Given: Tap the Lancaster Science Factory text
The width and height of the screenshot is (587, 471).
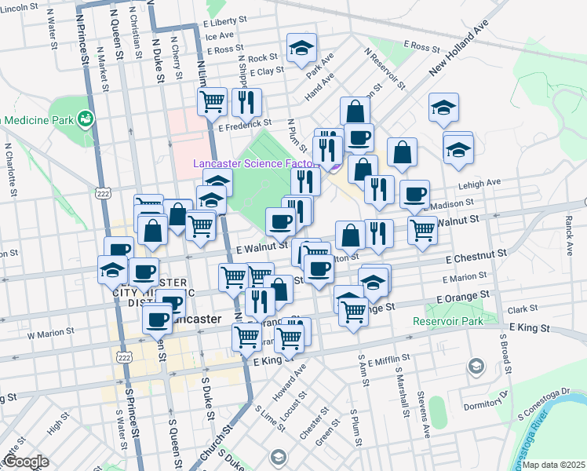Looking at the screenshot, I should click(x=256, y=164).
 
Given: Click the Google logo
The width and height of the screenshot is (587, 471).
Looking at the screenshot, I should click(x=26, y=462).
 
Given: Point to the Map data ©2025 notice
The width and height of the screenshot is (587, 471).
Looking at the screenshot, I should click(x=553, y=465).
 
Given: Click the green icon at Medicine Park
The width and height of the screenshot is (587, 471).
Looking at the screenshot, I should click(x=86, y=120).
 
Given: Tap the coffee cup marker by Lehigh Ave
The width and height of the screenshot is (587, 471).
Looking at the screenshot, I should click(x=414, y=194).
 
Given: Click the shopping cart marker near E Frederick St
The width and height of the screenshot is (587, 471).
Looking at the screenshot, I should click(x=212, y=100).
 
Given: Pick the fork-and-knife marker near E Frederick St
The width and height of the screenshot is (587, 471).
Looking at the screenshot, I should click(x=246, y=101).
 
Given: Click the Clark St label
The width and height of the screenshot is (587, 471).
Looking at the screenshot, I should click(x=523, y=310).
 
